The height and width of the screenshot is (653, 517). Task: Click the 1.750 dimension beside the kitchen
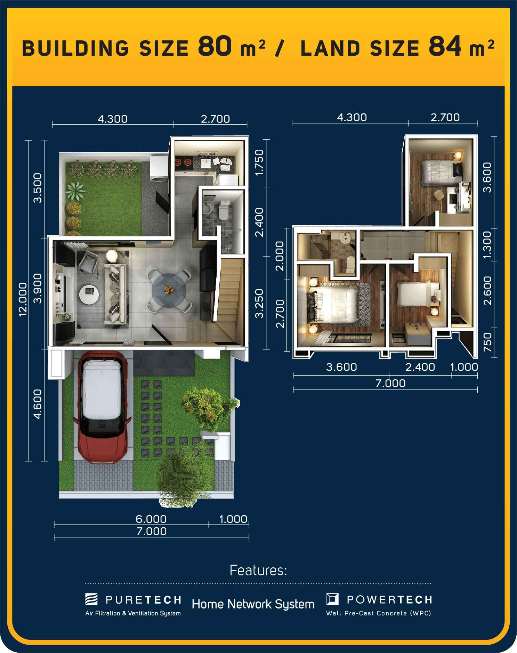(259, 162)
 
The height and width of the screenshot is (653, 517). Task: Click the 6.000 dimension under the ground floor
(151, 519)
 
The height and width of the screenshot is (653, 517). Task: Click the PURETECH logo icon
(91, 599)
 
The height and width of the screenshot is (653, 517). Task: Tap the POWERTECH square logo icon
(332, 599)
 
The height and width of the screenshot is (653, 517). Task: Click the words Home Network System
(253, 604)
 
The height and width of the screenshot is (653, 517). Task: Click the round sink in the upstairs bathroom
(345, 238)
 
